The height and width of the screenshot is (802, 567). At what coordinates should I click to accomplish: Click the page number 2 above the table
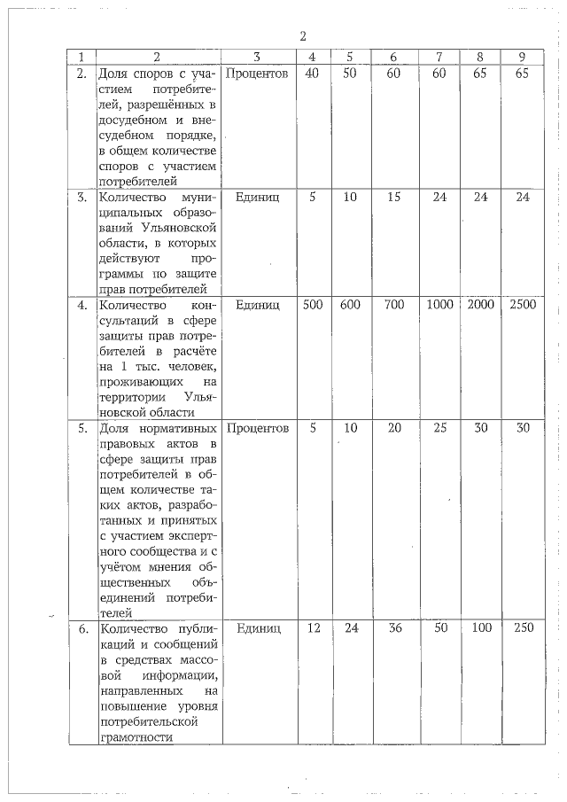point(303,36)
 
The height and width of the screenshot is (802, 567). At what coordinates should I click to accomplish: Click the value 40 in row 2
point(312,74)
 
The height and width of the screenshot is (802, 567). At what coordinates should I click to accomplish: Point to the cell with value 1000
point(439,305)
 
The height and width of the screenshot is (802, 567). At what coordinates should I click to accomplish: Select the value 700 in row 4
point(394,305)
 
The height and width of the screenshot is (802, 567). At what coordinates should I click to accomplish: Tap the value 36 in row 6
point(394,628)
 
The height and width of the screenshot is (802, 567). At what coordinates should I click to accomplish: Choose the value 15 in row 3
point(394,197)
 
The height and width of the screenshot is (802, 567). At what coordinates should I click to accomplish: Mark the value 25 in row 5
point(439,428)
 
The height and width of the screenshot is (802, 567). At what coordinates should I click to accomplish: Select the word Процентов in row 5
point(257,428)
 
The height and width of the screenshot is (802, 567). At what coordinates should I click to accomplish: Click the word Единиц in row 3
point(257,197)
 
